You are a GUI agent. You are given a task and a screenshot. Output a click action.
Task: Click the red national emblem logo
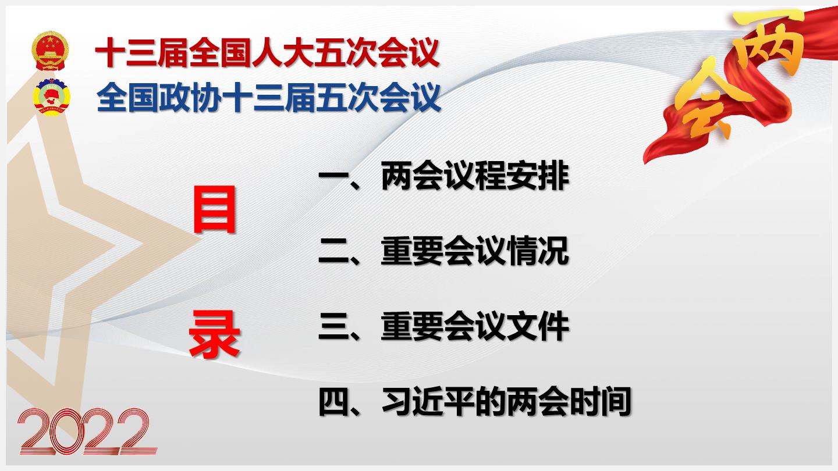coord(50,51)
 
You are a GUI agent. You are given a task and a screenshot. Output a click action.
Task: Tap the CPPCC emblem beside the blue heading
coord(52,97)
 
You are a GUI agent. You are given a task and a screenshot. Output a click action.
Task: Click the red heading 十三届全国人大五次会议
coord(267,53)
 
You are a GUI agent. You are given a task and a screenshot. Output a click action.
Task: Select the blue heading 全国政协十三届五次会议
coord(269,98)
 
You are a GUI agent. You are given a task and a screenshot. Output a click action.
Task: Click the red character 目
coord(215,210)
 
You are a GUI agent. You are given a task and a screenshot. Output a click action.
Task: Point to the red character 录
coord(214,334)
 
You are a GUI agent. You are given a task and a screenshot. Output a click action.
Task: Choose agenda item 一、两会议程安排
coord(443,176)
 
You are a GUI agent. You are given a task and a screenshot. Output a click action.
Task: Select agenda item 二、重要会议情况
coord(443,251)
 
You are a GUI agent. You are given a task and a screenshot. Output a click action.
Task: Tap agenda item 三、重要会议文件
coord(443,326)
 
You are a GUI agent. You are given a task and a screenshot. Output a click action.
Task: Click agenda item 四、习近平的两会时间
coord(475,401)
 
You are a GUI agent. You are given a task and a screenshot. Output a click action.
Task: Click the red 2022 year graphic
coord(87,431)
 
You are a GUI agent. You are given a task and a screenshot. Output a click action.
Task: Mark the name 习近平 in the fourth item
coord(428,401)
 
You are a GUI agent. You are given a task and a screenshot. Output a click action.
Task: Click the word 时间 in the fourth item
coord(601,401)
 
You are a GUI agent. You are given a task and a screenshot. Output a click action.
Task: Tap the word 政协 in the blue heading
coord(190,98)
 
